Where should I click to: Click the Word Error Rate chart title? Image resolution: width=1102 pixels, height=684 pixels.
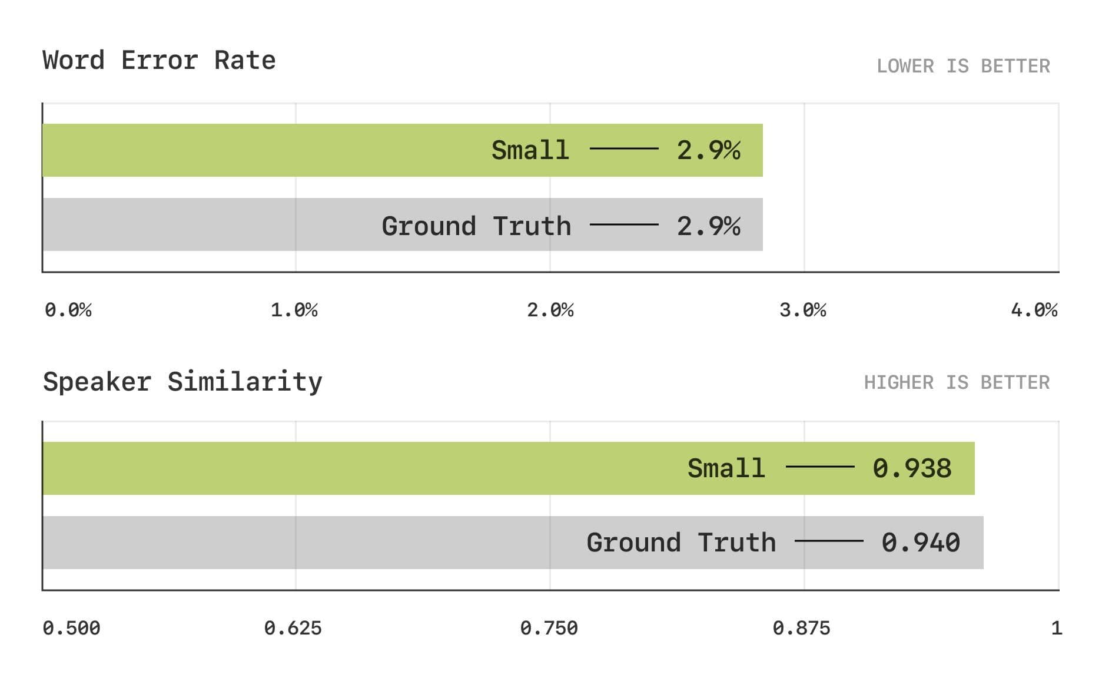tap(159, 60)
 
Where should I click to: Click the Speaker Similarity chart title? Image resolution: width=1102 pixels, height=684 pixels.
tap(182, 382)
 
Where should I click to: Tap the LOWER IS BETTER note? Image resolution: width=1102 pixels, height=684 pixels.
tap(963, 66)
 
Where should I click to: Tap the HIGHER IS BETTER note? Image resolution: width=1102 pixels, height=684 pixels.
tap(957, 382)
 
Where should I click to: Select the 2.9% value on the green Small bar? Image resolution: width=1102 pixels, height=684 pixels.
tap(708, 150)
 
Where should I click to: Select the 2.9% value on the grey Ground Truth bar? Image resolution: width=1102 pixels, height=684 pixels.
tap(708, 226)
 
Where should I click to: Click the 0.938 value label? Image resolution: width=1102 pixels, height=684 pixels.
tap(911, 468)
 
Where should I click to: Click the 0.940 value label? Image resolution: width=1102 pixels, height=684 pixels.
tap(920, 543)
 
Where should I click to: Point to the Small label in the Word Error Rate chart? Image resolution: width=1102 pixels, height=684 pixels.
tap(530, 150)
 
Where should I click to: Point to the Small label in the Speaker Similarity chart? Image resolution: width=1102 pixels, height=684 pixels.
tap(726, 468)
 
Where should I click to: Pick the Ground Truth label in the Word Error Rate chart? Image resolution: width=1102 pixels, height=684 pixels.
tap(476, 226)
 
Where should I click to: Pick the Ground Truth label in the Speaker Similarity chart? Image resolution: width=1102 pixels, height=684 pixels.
tap(681, 543)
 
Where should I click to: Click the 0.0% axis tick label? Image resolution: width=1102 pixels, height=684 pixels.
tap(68, 310)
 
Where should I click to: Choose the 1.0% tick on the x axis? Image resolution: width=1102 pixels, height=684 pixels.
tap(294, 310)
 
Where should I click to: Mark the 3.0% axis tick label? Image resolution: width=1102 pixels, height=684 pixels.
tap(803, 310)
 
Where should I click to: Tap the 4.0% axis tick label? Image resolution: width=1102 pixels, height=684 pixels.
tap(1034, 310)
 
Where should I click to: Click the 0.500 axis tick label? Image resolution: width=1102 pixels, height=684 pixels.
tap(71, 628)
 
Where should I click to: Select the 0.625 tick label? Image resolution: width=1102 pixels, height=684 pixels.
tap(293, 628)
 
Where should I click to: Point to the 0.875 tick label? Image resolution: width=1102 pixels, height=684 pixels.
tap(801, 628)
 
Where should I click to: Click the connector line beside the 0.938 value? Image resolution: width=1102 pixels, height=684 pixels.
tap(820, 467)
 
